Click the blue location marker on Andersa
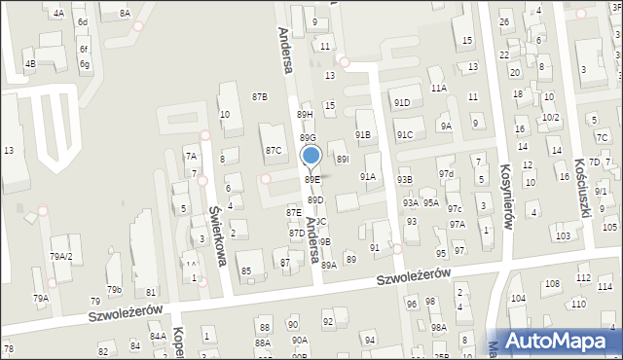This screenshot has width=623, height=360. click(311, 156)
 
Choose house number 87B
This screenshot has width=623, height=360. click(259, 96)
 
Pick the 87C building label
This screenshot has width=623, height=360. click(274, 151)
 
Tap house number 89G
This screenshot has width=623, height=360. click(307, 138)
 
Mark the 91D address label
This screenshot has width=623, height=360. click(402, 102)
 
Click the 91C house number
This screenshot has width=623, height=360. click(404, 134)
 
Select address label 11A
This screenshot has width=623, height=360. click(439, 88)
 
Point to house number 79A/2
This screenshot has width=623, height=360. click(61, 256)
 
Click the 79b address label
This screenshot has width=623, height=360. click(114, 289)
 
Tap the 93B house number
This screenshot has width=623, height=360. click(404, 180)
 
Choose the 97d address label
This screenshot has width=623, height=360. click(446, 173)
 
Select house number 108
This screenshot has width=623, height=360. click(552, 284)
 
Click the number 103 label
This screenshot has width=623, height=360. click(562, 236)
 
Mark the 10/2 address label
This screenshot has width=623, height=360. click(551, 117)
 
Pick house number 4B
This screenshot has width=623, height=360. click(30, 64)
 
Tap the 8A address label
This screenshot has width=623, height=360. click(124, 13)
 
